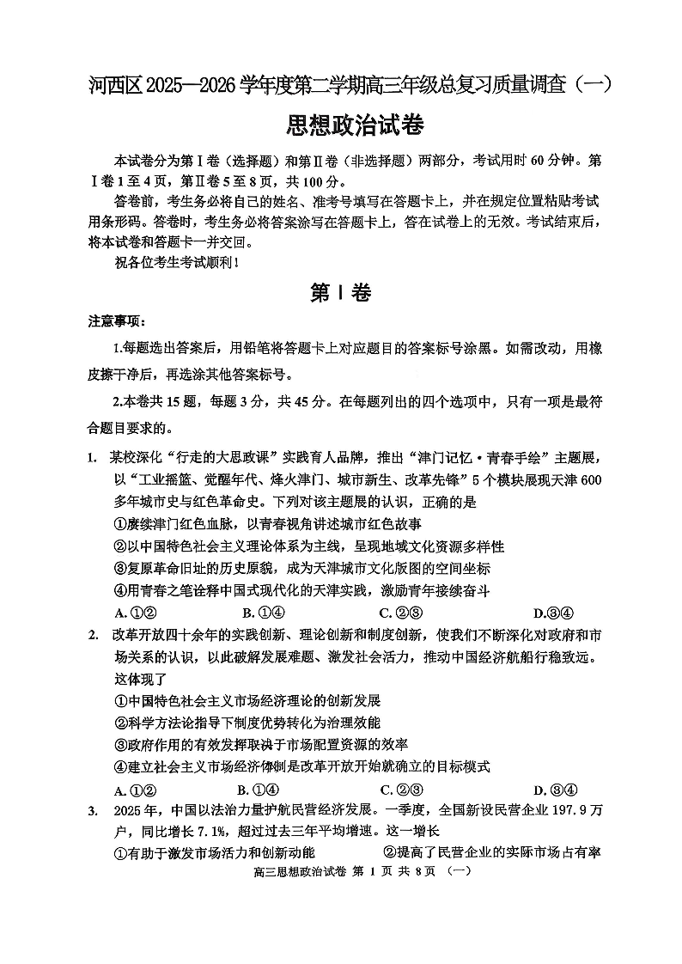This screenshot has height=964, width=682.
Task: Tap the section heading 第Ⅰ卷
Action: pyautogui.click(x=340, y=293)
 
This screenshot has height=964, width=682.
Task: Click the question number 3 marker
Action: pyautogui.click(x=92, y=811)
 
